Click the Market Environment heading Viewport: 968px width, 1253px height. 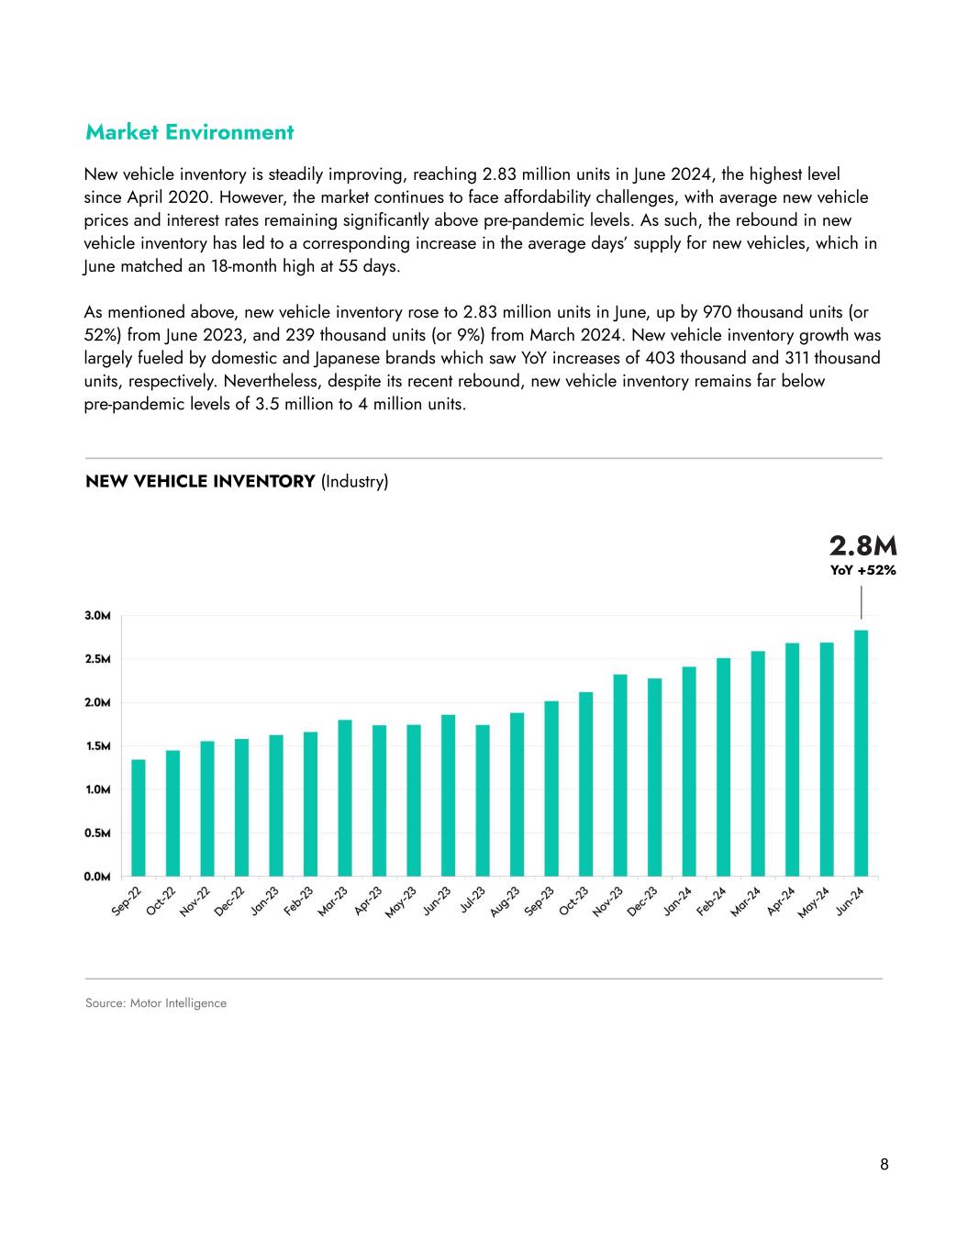189,132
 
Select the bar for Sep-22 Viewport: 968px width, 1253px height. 139,817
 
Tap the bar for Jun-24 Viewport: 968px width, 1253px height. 861,753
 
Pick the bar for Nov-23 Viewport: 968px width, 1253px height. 620,775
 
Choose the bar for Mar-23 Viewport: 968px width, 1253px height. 345,798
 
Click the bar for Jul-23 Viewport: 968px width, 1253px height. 483,800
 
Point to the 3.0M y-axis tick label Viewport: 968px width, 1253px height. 98,615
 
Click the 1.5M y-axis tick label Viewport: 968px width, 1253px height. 98,746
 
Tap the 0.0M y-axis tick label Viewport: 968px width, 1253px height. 98,877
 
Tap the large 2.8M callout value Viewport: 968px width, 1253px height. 862,547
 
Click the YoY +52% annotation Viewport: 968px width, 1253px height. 862,570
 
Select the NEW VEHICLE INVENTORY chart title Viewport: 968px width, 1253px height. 200,481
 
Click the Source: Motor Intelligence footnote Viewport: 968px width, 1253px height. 156,1003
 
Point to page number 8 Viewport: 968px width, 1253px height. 884,1165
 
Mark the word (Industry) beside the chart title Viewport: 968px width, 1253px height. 355,481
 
